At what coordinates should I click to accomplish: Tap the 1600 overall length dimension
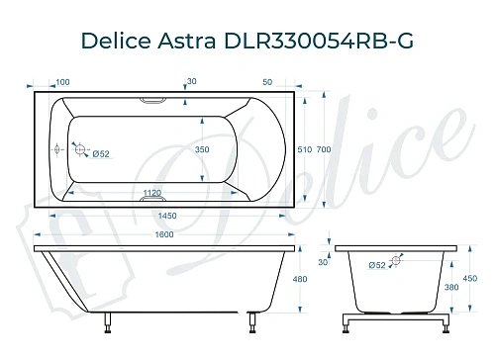click(x=164, y=233)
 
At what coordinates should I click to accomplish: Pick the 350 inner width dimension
click(x=202, y=149)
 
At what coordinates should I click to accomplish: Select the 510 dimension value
click(x=304, y=149)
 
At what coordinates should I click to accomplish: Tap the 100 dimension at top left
click(x=62, y=81)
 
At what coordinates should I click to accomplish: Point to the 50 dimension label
click(x=268, y=81)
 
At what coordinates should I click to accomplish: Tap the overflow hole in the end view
click(x=397, y=262)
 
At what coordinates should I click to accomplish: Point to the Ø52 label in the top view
click(x=100, y=153)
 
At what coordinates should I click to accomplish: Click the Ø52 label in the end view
click(x=376, y=264)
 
